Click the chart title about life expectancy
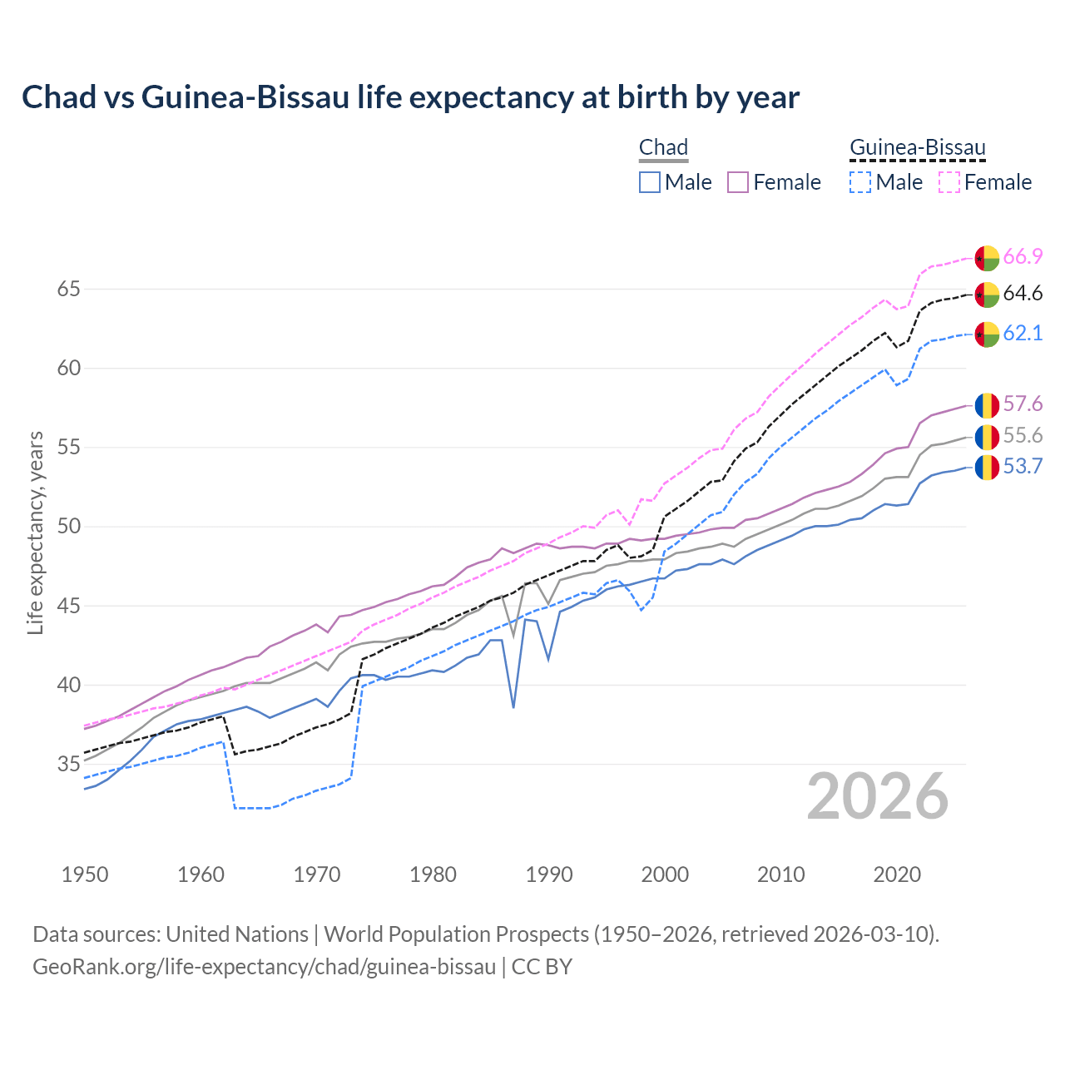(x=410, y=97)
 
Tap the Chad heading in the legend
(x=663, y=148)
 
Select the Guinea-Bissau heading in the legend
(x=917, y=148)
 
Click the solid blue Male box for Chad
(x=650, y=182)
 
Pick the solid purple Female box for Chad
(x=738, y=182)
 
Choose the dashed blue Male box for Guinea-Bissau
(x=860, y=182)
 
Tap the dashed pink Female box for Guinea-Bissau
(x=949, y=182)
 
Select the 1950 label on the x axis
(x=85, y=874)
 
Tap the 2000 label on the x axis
(x=665, y=874)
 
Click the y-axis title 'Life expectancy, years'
(x=35, y=532)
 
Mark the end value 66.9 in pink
(x=1023, y=257)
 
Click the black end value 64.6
(x=1023, y=294)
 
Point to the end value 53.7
(x=1023, y=467)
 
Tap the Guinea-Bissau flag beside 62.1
(x=987, y=334)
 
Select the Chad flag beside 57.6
(x=987, y=405)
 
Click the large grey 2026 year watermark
(x=877, y=796)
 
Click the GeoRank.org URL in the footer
(x=264, y=967)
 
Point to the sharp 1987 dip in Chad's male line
(x=513, y=706)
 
